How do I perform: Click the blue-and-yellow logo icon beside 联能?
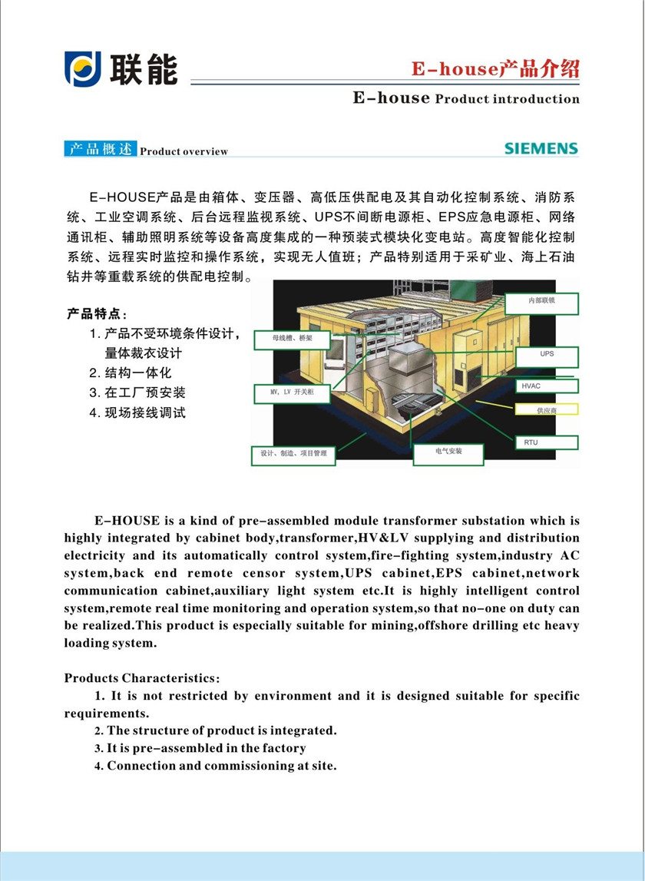coord(83,69)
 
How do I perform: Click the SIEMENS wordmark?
coord(541,148)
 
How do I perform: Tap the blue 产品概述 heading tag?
coord(100,150)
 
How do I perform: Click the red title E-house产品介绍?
coord(495,69)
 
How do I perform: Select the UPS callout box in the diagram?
coord(547,356)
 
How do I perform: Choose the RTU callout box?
coord(547,442)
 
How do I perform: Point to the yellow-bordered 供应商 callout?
coord(547,412)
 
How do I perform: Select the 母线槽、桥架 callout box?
coord(293,339)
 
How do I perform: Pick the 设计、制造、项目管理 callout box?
coord(293,455)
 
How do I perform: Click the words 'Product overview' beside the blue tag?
coord(184,151)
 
